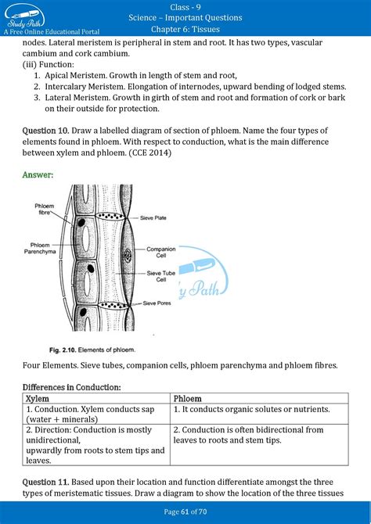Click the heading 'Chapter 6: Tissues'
(x=185, y=30)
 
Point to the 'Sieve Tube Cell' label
(x=160, y=277)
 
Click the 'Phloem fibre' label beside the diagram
(x=44, y=209)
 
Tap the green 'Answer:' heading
(x=38, y=175)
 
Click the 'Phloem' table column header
(x=188, y=399)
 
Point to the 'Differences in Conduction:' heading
(x=72, y=387)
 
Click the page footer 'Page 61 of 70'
(x=185, y=511)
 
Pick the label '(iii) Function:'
(x=49, y=64)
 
